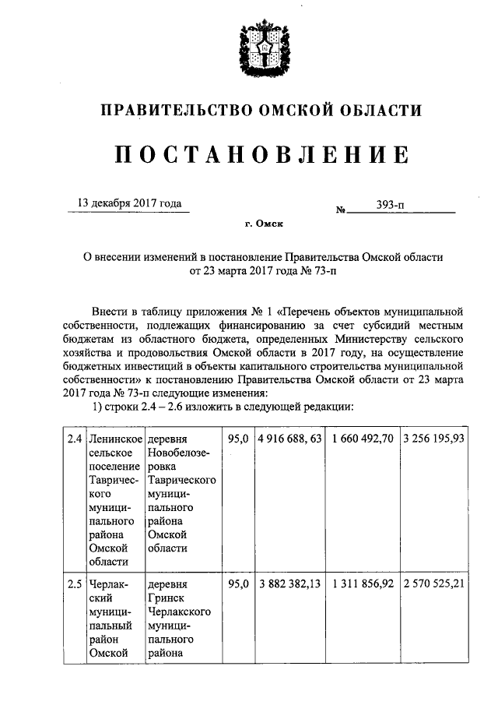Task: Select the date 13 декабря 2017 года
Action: click(x=129, y=203)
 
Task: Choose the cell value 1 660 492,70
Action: click(x=362, y=439)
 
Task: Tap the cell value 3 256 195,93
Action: click(x=434, y=439)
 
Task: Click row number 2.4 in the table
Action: click(x=75, y=439)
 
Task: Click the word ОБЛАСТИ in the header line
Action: click(x=381, y=111)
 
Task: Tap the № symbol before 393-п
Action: click(x=340, y=210)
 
